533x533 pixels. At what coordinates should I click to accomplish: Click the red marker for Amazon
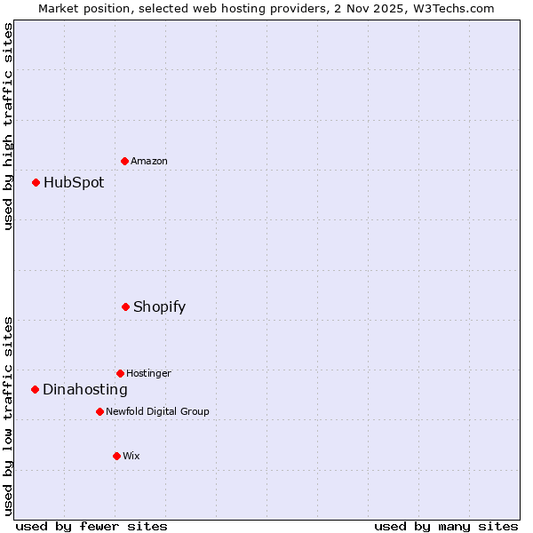[125, 161]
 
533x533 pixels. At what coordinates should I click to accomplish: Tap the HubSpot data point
[36, 182]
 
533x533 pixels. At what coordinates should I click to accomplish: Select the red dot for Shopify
[126, 306]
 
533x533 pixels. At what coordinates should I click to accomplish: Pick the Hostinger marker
[121, 373]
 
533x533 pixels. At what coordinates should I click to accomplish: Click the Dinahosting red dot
[36, 389]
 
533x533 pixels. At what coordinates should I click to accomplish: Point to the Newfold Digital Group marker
[100, 411]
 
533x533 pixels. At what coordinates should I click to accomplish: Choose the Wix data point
[116, 456]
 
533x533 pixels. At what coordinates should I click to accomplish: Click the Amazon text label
[149, 161]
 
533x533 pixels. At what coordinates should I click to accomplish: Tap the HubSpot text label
[74, 182]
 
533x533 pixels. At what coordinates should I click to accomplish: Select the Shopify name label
[159, 306]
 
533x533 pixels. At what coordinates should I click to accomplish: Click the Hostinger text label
[148, 373]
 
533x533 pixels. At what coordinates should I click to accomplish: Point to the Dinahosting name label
[85, 389]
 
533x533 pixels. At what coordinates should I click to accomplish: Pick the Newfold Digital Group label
[157, 411]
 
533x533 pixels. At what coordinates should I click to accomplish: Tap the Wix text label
[131, 456]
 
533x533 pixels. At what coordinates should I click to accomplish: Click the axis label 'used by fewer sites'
[91, 526]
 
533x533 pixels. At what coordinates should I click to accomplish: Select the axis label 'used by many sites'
[446, 526]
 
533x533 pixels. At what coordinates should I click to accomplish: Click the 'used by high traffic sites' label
[8, 126]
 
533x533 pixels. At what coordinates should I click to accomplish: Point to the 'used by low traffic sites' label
[8, 416]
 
